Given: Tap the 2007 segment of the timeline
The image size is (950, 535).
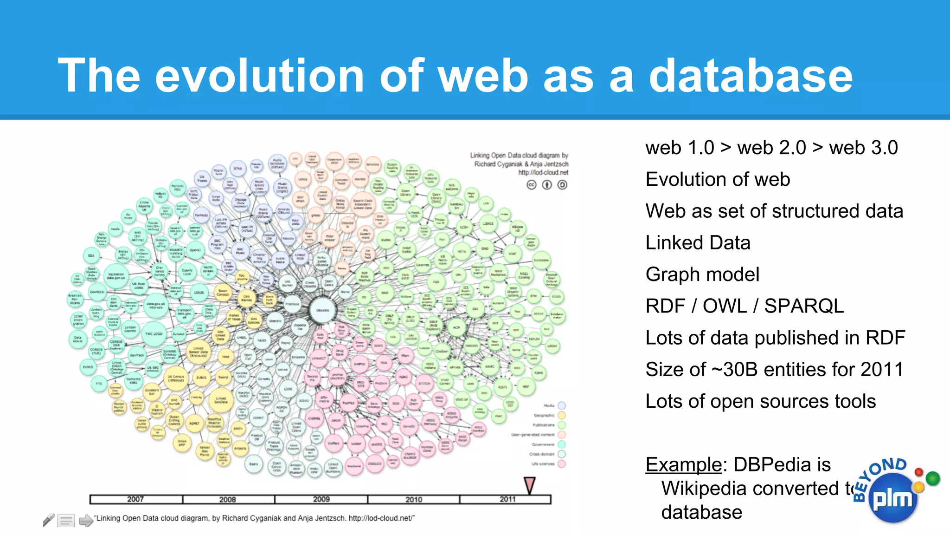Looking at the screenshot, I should point(135,499).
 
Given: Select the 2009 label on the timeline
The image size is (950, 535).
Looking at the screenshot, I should point(321,499).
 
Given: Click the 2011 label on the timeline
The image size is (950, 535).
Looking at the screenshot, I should point(507,499).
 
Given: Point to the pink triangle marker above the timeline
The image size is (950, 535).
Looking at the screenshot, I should point(529,485).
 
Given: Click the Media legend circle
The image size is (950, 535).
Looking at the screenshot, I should point(562,405).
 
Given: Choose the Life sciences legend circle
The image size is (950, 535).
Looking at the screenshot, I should point(562,464).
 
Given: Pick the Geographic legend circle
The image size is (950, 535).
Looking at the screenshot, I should point(562,415).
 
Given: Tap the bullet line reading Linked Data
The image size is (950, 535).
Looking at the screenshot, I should point(698,243).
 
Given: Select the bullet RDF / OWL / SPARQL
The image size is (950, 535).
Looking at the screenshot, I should point(745,306).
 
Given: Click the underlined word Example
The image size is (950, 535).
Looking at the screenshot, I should point(683,464).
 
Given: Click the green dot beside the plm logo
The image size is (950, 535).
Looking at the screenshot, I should point(932,478).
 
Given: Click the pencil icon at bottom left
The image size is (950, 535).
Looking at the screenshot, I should point(49,520).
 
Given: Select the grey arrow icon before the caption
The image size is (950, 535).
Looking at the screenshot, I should point(86,521).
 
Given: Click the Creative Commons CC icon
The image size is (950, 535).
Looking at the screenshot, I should point(532,185).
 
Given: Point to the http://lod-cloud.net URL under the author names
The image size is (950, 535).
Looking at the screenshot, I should point(543,172).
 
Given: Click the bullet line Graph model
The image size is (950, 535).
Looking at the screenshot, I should point(702,274).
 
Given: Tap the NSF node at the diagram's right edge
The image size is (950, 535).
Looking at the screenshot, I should point(526,386).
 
